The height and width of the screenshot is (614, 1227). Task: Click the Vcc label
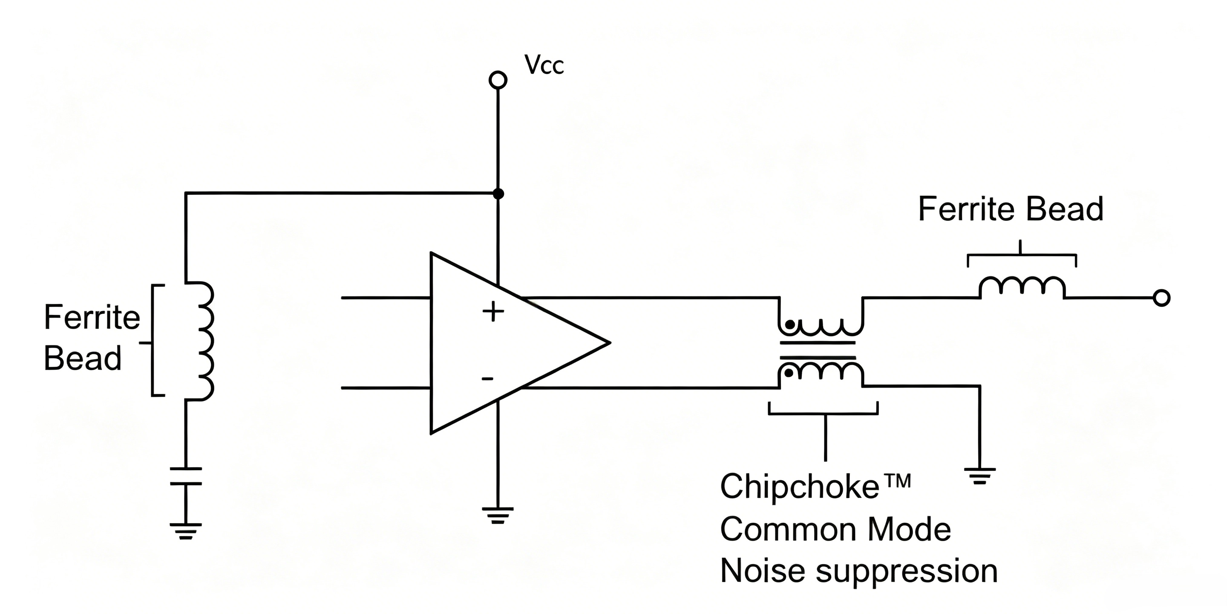544,65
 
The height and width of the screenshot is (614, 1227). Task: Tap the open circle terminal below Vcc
498,80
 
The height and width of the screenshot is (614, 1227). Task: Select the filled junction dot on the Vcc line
498,194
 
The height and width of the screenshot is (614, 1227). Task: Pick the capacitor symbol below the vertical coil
186,476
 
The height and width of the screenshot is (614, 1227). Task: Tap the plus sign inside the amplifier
493,312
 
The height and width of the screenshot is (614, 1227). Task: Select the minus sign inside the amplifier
487,379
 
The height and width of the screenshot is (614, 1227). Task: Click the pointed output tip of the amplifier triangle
610,342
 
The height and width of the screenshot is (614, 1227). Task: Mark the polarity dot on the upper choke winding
790,324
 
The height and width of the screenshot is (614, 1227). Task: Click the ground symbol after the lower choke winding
980,476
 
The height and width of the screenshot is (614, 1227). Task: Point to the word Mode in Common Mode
909,529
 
